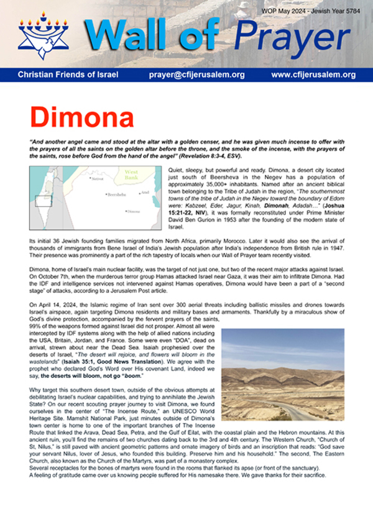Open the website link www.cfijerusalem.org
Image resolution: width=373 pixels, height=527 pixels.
pyautogui.click(x=313, y=75)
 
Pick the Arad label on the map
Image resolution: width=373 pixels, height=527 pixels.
pyautogui.click(x=145, y=193)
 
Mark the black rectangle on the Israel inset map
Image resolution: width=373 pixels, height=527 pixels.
pyautogui.click(x=42, y=200)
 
